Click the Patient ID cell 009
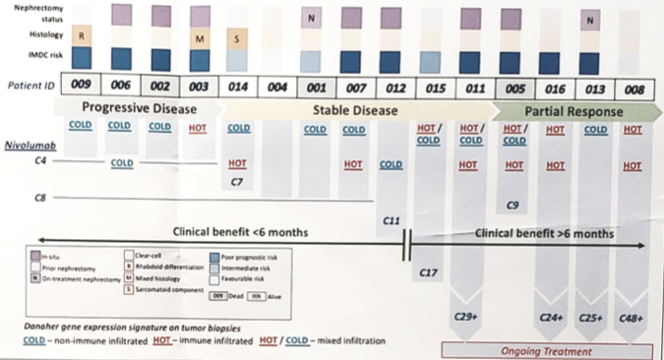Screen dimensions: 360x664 tap(82, 88)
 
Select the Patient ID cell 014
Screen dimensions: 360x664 tap(238, 88)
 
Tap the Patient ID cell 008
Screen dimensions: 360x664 tap(634, 90)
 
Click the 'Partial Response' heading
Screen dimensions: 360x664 tap(572, 111)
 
